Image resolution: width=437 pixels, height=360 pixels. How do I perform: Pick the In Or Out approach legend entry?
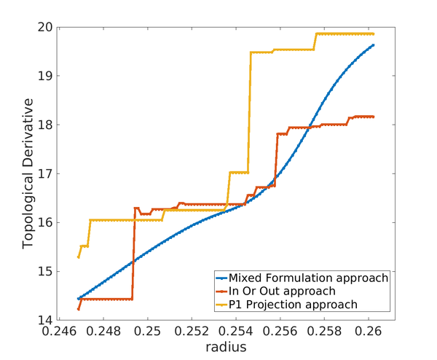(x=292, y=291)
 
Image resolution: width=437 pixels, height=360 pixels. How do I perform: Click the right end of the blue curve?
(x=374, y=45)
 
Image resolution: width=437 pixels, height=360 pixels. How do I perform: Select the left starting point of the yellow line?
(x=78, y=257)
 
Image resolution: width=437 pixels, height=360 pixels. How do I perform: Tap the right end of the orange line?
(x=374, y=117)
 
